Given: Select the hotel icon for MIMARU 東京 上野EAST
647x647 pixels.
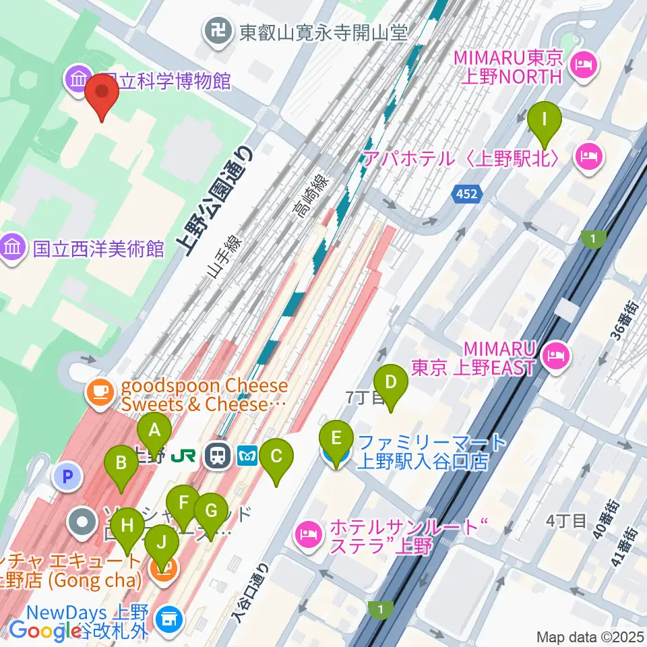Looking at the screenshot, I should pyautogui.click(x=556, y=355).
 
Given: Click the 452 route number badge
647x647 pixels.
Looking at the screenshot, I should pyautogui.click(x=468, y=195).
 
